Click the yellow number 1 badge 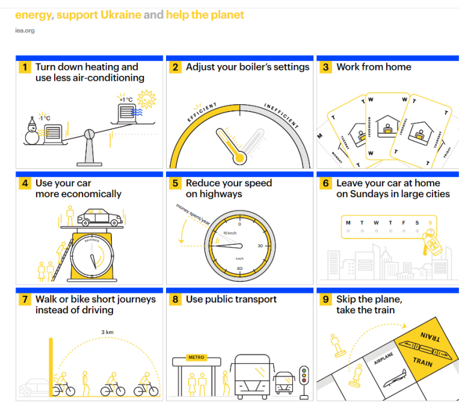(24, 67)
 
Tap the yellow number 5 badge (174, 183)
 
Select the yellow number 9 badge (325, 300)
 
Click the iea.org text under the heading (25, 31)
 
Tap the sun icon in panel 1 (146, 98)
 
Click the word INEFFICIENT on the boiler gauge (281, 115)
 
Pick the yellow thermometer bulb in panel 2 (240, 158)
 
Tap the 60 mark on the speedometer (239, 269)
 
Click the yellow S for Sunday (430, 222)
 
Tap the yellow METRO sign (197, 357)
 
